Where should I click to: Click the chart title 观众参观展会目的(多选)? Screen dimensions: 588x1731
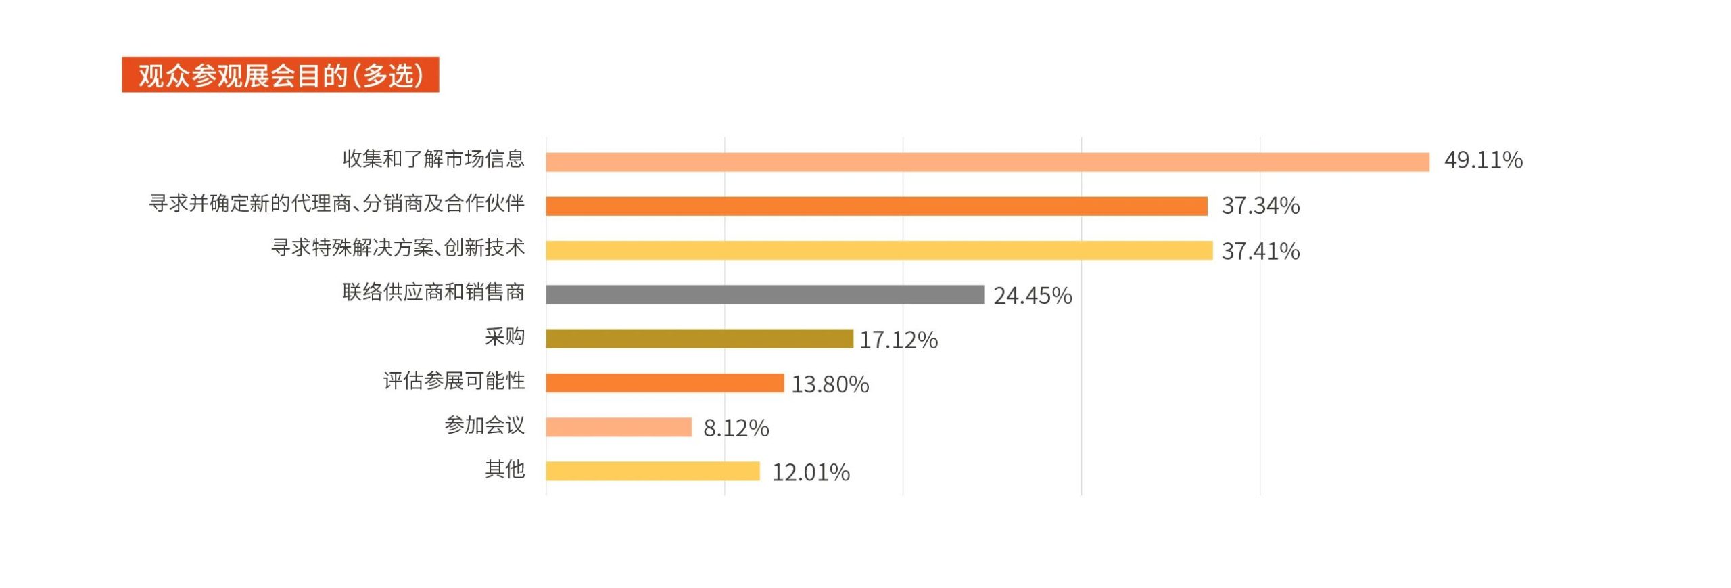(280, 75)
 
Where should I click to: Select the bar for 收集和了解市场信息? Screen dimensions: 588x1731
(987, 162)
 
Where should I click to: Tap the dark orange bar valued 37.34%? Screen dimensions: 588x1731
(876, 206)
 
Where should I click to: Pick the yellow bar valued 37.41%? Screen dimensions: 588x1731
(879, 250)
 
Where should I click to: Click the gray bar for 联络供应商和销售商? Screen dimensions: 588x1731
(765, 294)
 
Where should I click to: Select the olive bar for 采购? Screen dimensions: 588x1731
(699, 339)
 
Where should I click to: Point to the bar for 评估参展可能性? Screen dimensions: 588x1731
(665, 383)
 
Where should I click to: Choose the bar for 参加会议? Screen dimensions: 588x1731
(619, 427)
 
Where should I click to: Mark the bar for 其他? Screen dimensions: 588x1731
(653, 471)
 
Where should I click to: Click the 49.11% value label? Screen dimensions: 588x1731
(1483, 160)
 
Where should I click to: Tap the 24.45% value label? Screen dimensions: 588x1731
(1033, 296)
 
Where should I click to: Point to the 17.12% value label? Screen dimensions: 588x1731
(898, 340)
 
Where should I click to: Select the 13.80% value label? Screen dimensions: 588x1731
(830, 384)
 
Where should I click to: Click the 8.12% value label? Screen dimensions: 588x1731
(736, 428)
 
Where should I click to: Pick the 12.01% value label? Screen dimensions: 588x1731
(811, 472)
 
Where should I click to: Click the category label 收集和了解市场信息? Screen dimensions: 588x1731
(433, 159)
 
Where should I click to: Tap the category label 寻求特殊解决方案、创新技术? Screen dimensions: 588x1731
(398, 248)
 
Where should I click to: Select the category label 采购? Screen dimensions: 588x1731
(504, 336)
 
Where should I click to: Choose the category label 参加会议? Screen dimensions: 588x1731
(484, 425)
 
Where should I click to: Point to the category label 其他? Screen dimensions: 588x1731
(504, 469)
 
